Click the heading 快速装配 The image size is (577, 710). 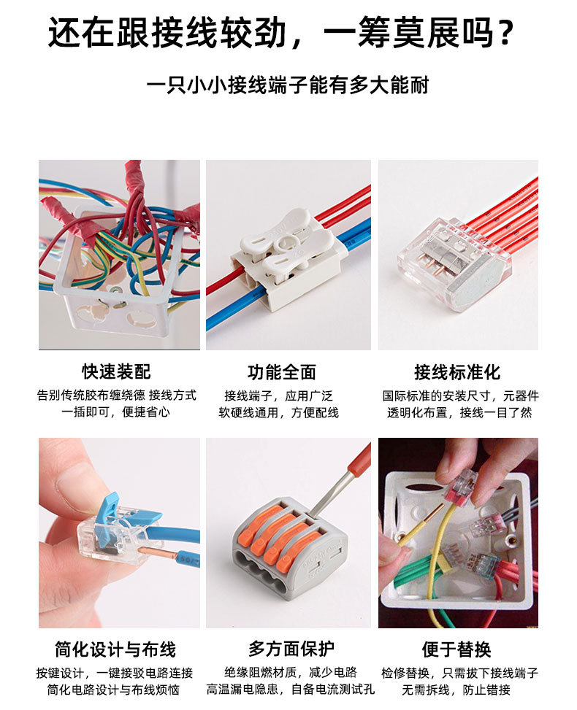(x=116, y=371)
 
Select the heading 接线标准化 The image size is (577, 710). (x=457, y=371)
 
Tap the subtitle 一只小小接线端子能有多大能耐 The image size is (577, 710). (x=288, y=85)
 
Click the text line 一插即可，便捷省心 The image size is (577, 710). (x=116, y=412)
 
